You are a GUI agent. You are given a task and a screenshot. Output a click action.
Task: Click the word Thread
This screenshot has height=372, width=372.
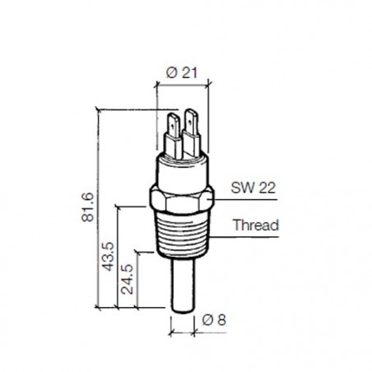[x=256, y=224]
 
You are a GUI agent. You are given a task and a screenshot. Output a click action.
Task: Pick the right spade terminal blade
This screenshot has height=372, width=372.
[x=194, y=131]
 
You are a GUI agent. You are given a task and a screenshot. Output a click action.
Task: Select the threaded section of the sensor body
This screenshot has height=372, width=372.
[x=182, y=235]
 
